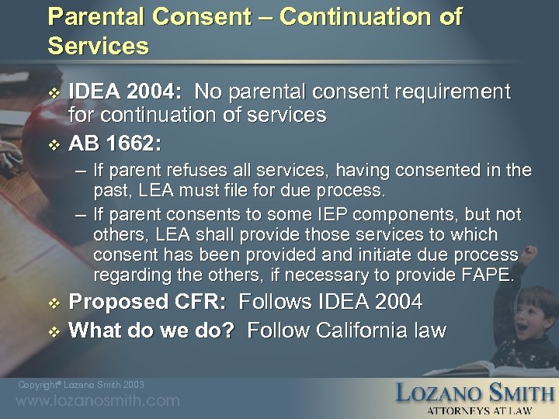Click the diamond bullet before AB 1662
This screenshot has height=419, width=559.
pyautogui.click(x=53, y=144)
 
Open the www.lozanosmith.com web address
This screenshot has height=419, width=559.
pyautogui.click(x=98, y=401)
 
